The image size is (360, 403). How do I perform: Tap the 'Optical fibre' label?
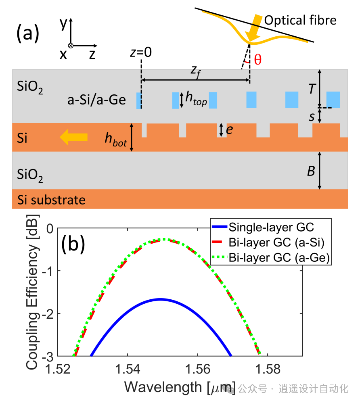(300, 20)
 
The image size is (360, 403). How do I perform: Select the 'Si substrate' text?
(51, 200)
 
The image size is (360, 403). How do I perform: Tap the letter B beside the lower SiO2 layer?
(311, 171)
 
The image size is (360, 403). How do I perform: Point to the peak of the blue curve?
(161, 299)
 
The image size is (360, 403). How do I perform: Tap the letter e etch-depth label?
(230, 130)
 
